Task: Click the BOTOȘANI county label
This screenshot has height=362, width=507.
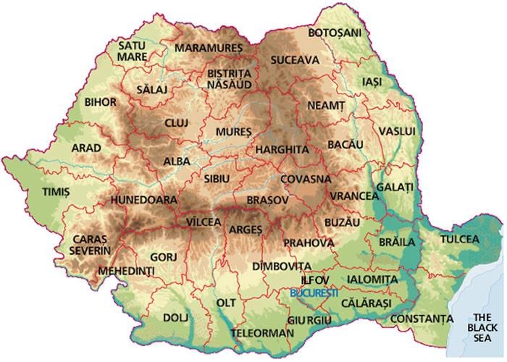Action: tap(334, 33)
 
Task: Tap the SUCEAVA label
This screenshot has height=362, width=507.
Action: tap(295, 59)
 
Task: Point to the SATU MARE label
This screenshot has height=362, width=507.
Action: tap(132, 51)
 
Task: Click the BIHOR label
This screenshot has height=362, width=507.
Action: tap(100, 102)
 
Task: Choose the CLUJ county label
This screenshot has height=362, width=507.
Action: tap(176, 123)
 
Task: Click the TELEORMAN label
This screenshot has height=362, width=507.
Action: tap(263, 333)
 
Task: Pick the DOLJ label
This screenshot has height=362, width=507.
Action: tap(175, 317)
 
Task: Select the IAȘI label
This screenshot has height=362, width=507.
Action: tap(373, 82)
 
